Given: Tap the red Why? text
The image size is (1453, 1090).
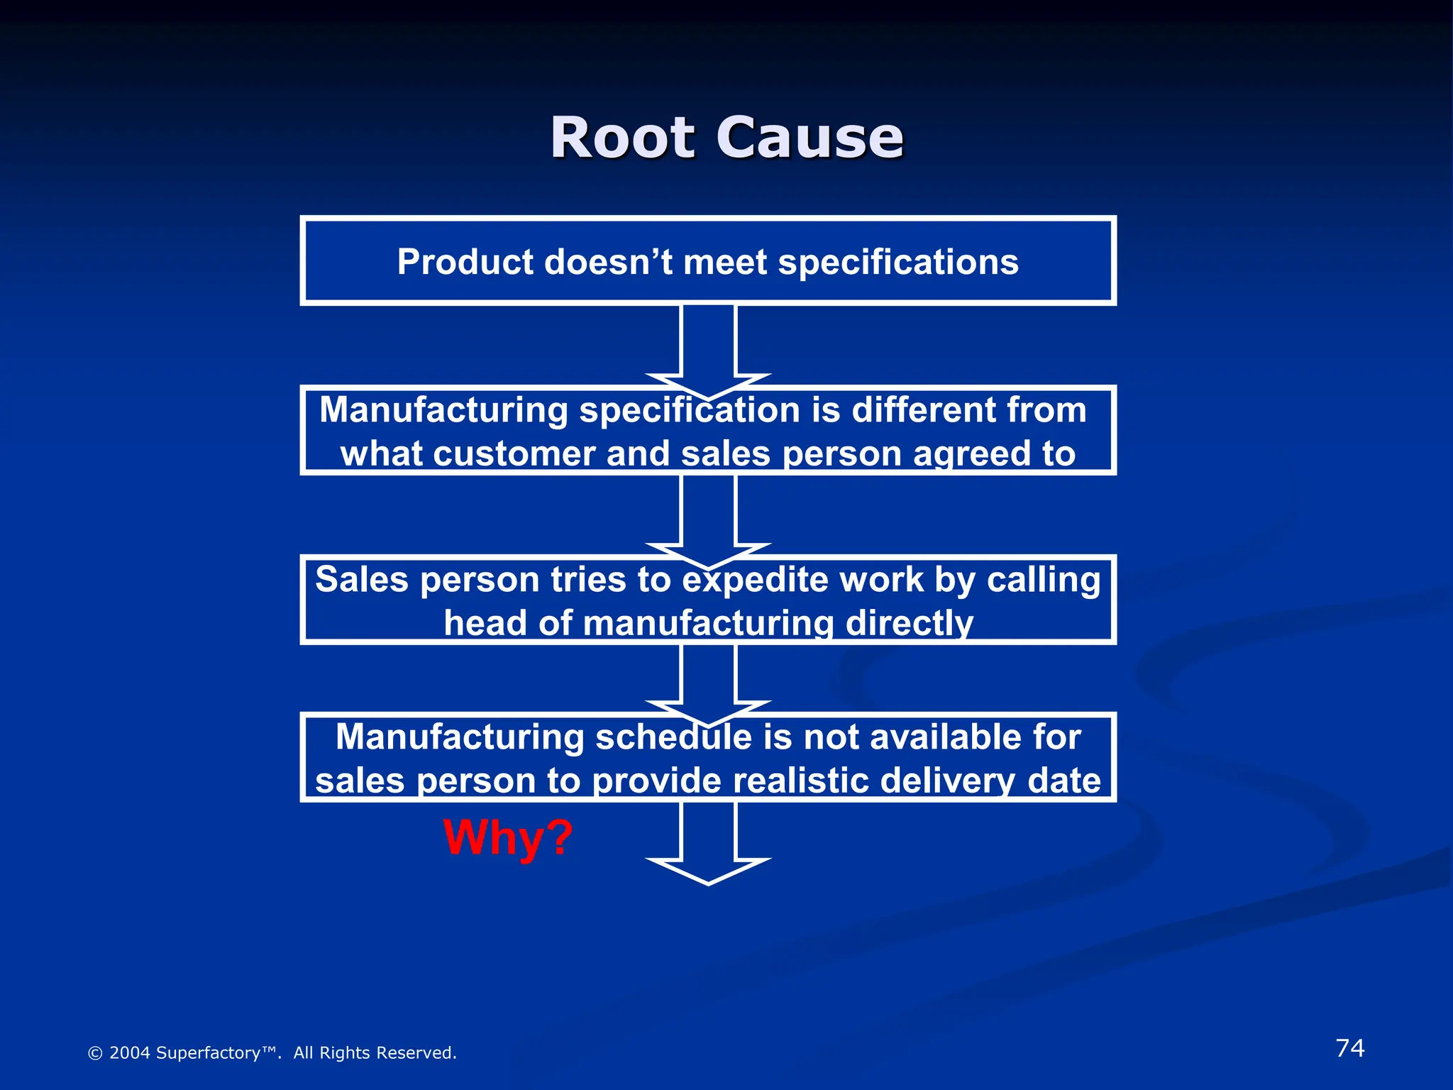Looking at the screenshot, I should [507, 838].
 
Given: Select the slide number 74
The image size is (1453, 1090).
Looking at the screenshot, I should [1349, 1048].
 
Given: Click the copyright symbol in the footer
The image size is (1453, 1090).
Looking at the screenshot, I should [94, 1053].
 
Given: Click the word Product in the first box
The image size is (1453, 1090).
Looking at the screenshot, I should [465, 262].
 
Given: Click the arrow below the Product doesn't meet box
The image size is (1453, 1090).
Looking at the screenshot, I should [708, 348].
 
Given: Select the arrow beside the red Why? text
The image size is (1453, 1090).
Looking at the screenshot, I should [708, 841].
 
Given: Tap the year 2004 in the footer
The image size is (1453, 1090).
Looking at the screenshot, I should [129, 1053].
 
